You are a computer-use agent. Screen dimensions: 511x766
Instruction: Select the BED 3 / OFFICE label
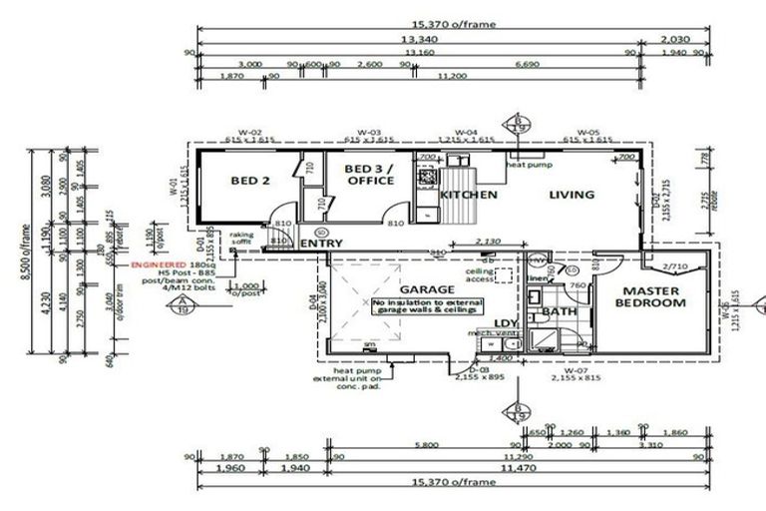(370, 176)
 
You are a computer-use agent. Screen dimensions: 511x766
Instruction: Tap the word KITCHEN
(469, 195)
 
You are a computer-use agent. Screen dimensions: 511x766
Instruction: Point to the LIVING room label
(572, 195)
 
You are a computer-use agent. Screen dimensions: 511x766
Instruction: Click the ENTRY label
(320, 244)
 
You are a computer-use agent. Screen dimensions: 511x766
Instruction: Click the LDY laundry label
(506, 322)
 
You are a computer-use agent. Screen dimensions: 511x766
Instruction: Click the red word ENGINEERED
(160, 266)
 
